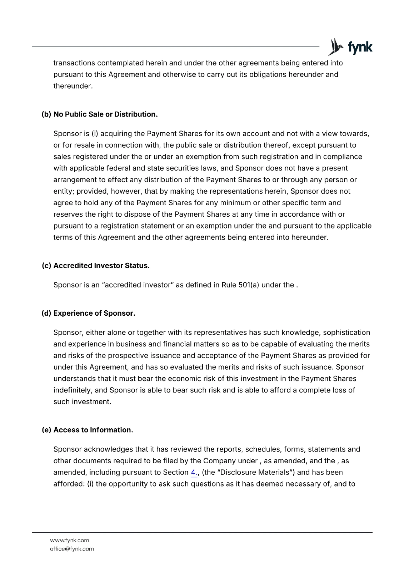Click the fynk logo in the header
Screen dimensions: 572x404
[x=350, y=48]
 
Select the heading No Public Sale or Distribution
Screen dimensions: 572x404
[x=105, y=114]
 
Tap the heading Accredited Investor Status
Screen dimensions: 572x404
[x=101, y=266]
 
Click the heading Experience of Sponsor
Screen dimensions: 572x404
[x=94, y=313]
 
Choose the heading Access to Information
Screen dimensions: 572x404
[x=93, y=430]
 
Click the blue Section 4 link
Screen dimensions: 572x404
[x=194, y=472]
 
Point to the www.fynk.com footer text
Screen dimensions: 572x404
[x=69, y=540]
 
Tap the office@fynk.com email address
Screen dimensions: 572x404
[x=72, y=549]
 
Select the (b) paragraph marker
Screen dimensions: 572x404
[x=46, y=114]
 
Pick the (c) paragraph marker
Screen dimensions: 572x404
[x=46, y=266]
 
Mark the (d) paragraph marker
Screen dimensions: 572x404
[x=46, y=313]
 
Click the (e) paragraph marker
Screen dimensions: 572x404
[x=46, y=430]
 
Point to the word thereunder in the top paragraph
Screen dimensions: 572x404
[x=73, y=86]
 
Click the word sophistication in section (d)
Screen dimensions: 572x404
[x=346, y=332]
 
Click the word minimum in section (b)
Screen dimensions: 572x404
[x=235, y=203]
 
